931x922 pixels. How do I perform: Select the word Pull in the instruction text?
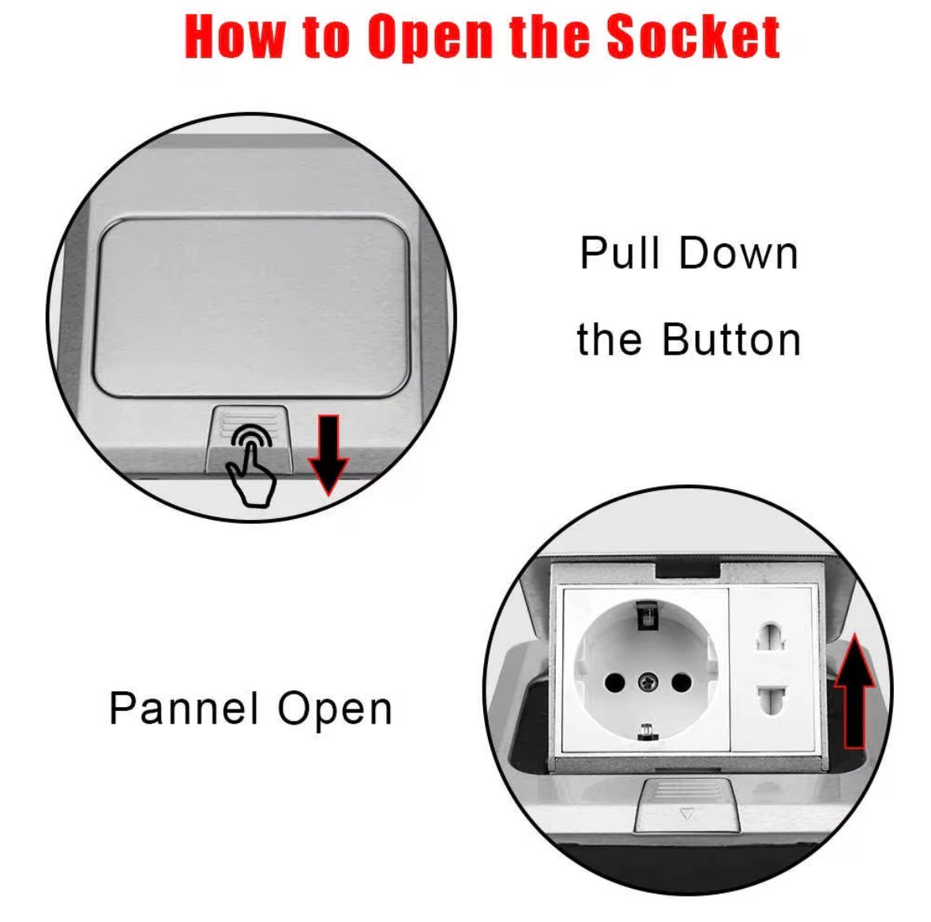click(620, 253)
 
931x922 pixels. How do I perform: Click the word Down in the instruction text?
click(738, 254)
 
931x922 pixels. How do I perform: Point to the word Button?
click(731, 340)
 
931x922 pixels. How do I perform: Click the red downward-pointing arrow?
click(328, 455)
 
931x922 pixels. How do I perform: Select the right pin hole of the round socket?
click(680, 682)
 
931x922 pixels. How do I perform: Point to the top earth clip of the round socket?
click(647, 615)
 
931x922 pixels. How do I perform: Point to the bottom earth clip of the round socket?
click(647, 732)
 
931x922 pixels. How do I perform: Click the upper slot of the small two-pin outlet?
click(770, 638)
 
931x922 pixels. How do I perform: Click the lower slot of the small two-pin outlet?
click(770, 699)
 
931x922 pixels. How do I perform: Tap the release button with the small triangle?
click(686, 806)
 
